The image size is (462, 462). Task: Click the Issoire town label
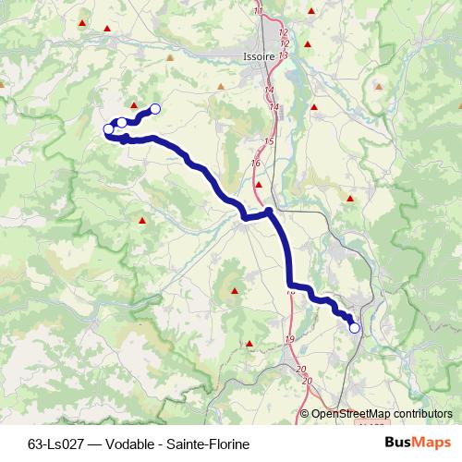coord(260,55)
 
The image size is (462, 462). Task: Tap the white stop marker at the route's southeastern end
coord(354,327)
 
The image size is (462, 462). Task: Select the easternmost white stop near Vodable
coord(155,109)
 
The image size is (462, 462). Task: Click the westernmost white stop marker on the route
coord(108,129)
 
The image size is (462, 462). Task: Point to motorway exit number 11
coord(257,10)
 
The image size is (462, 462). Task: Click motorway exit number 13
coord(283,55)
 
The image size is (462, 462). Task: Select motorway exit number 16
coord(256,164)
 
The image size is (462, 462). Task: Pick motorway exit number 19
coord(290,340)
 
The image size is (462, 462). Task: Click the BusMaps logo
coord(418,444)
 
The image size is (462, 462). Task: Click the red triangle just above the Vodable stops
coord(134,105)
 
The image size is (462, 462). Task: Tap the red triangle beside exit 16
coord(259,184)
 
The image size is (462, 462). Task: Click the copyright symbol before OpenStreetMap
coord(305,414)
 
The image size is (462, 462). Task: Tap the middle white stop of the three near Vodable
coord(121,123)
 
